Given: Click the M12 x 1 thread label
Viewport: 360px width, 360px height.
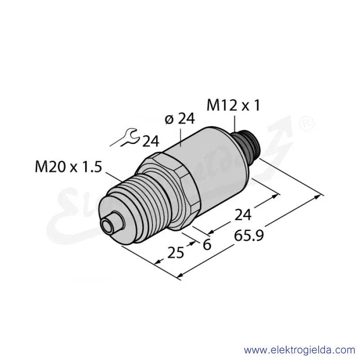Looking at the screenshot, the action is (233, 105).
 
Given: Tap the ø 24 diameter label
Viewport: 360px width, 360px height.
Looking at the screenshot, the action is (180, 119).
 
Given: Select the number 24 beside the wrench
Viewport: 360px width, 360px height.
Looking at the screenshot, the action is (151, 141).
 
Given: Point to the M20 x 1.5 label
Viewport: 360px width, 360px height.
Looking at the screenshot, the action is (68, 166).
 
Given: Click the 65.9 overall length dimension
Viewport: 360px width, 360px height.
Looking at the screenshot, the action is (249, 235).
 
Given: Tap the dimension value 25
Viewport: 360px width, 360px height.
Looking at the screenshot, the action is (175, 252).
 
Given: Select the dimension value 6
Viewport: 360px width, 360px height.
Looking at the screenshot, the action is (207, 245).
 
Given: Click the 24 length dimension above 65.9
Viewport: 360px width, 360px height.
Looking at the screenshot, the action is (243, 215).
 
